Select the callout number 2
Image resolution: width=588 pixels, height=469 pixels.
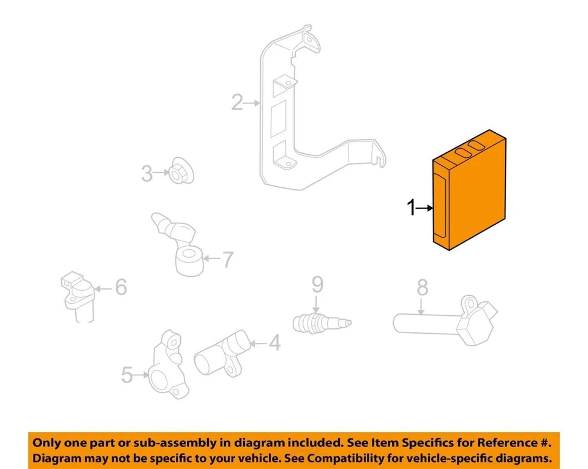[x=237, y=103]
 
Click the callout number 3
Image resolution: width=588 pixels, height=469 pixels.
[x=147, y=174]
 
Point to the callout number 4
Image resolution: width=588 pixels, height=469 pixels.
[x=275, y=343]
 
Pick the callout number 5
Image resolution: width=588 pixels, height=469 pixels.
[x=127, y=375]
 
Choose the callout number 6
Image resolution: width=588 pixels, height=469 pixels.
[x=121, y=287]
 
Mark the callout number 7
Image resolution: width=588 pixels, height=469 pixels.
[x=227, y=260]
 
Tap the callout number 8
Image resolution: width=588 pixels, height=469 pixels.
[x=422, y=287]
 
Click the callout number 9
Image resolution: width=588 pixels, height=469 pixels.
[x=317, y=284]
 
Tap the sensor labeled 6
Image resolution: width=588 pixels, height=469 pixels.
[x=77, y=294]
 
